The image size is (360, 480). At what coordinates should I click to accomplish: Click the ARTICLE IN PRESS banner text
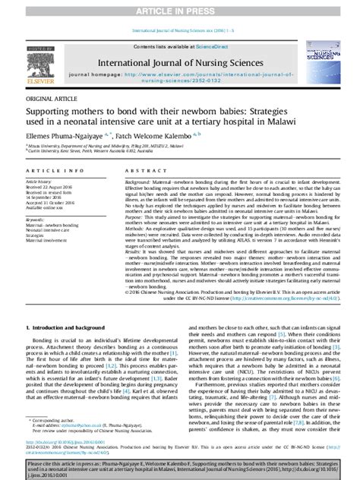(179, 8)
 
